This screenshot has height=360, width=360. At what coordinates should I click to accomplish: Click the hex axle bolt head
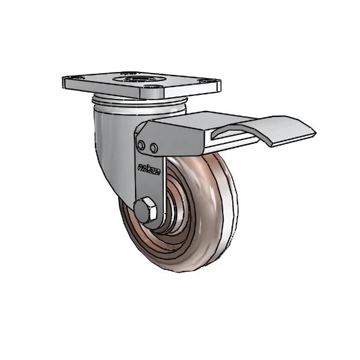(147, 211)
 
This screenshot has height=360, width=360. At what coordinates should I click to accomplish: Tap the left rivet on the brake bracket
(141, 146)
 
